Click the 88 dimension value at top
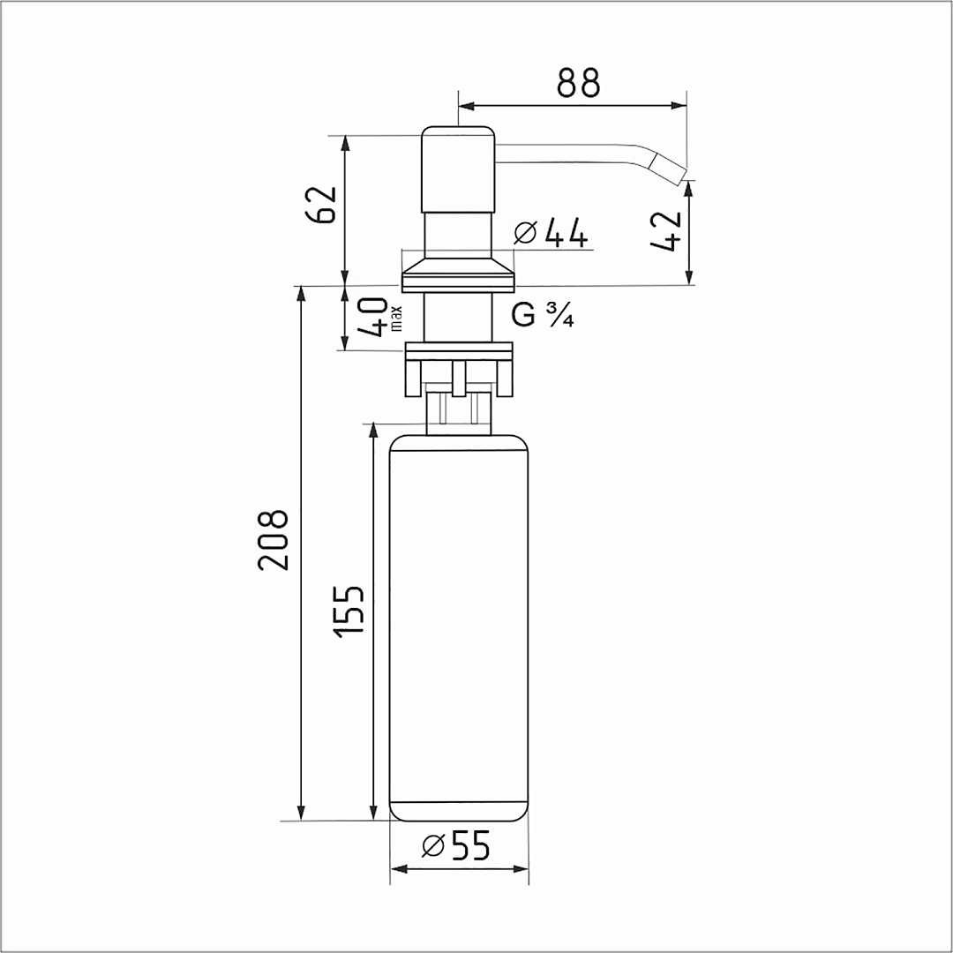click(x=578, y=83)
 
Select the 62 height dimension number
click(x=321, y=204)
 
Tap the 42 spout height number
click(x=666, y=231)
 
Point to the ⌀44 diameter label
click(x=551, y=233)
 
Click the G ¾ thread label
click(x=542, y=315)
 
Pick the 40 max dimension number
click(x=372, y=317)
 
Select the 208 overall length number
click(x=273, y=540)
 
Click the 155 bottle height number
click(x=349, y=612)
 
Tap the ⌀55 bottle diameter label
click(x=456, y=844)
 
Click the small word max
click(x=396, y=319)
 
